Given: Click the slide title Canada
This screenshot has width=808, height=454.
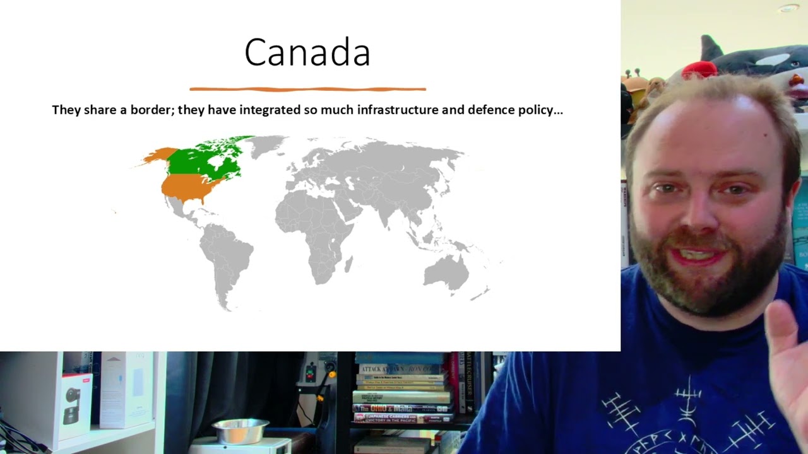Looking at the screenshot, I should pyautogui.click(x=307, y=52).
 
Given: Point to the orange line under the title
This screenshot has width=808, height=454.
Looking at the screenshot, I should pyautogui.click(x=307, y=90).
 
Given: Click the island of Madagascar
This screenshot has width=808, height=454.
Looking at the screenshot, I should pyautogui.click(x=348, y=263).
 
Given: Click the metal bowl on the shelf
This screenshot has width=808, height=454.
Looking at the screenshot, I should pyautogui.click(x=240, y=431).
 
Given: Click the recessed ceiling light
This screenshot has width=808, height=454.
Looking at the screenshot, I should pyautogui.click(x=788, y=8).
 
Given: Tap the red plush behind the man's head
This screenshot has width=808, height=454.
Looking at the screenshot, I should pyautogui.click(x=699, y=69).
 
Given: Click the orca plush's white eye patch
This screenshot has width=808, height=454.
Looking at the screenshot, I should pyautogui.click(x=771, y=62).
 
